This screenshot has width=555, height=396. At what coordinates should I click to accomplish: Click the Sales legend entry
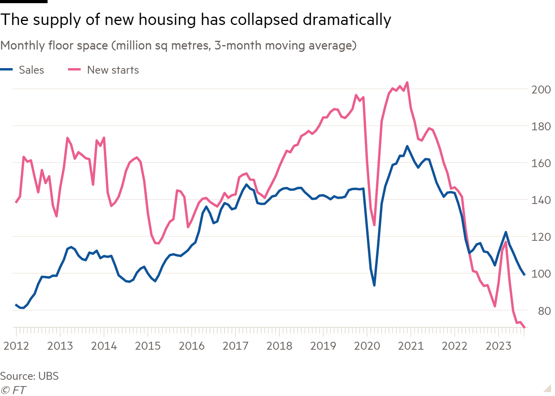point(31,70)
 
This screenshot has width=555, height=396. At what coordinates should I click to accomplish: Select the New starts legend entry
point(113,70)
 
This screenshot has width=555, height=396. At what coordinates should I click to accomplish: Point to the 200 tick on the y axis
point(541,89)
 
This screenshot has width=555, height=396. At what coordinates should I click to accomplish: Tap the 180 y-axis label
point(541,126)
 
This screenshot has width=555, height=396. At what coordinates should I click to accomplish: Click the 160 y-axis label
point(541,163)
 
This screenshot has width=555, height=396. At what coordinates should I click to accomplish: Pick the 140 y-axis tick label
point(541,200)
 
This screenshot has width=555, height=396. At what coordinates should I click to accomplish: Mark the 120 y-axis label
point(541,237)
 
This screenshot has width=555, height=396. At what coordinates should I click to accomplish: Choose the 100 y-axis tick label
point(541,274)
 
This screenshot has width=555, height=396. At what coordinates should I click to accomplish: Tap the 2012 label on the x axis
point(16,346)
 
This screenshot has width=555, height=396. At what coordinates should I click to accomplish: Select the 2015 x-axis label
point(148,346)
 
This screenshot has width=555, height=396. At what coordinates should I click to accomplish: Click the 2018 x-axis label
point(279,346)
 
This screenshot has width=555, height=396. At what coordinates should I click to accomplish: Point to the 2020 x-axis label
point(367,346)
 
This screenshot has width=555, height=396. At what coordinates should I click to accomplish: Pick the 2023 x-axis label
point(498,346)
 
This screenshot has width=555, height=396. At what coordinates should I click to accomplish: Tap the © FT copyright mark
point(13,390)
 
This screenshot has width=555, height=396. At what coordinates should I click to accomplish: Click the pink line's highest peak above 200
point(407,82)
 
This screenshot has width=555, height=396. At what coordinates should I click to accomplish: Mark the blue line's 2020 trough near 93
point(374,285)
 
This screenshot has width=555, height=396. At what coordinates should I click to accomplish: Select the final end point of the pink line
point(524,327)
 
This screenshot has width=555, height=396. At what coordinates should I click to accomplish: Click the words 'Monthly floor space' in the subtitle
point(54,46)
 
